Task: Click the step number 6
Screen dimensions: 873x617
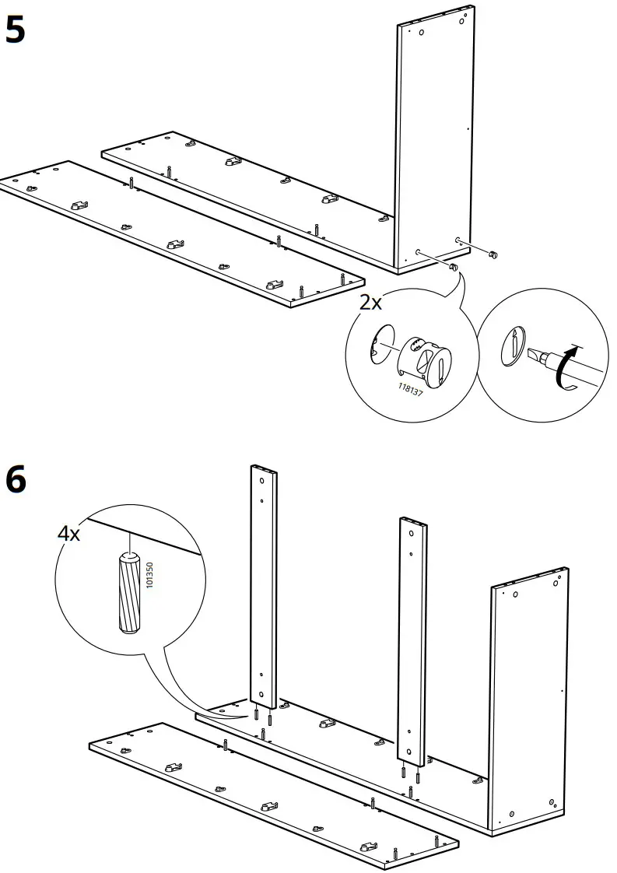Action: pyautogui.click(x=15, y=479)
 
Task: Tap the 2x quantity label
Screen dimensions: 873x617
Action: pyautogui.click(x=370, y=303)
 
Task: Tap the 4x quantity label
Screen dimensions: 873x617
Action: pyautogui.click(x=69, y=533)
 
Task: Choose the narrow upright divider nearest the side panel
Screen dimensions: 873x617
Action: pyautogui.click(x=412, y=638)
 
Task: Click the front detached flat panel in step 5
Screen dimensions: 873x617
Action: pyautogui.click(x=179, y=233)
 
